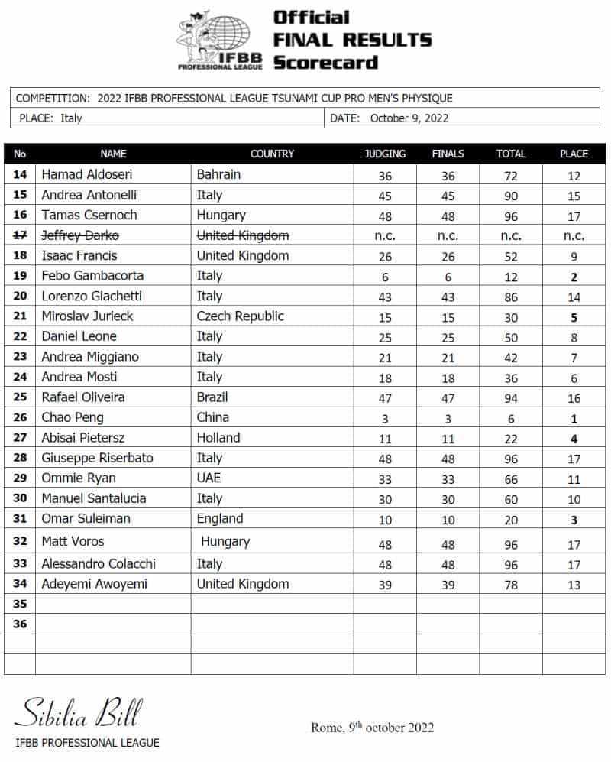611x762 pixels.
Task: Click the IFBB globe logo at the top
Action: (x=221, y=40)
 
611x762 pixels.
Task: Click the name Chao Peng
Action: (x=73, y=418)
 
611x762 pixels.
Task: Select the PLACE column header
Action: (x=574, y=154)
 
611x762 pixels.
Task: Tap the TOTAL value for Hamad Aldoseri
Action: (x=511, y=175)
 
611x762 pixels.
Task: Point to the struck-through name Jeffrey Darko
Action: (x=80, y=235)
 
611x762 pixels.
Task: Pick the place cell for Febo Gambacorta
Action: (x=574, y=276)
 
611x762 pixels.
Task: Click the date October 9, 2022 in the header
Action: (x=409, y=118)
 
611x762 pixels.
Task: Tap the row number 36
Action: (x=20, y=624)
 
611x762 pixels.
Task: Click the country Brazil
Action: (x=212, y=397)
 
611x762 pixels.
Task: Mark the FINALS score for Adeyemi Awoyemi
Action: (x=448, y=585)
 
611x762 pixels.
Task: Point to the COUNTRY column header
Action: (x=272, y=154)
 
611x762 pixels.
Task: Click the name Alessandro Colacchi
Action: (x=99, y=564)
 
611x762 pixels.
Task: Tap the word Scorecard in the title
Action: (x=325, y=62)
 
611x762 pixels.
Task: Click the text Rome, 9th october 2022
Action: (x=372, y=727)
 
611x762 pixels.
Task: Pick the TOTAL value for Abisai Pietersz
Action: (x=511, y=439)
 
